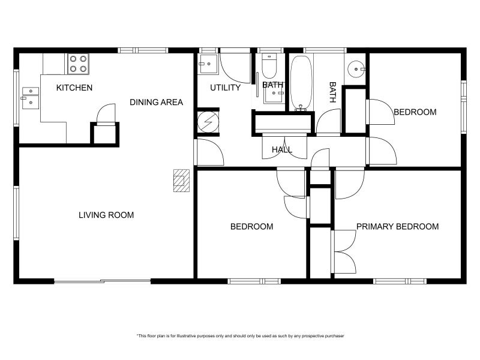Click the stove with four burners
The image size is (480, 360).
tap(78, 64)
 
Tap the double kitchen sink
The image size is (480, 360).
tap(30, 98)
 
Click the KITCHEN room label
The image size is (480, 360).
tap(74, 88)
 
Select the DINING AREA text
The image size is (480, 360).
tap(157, 103)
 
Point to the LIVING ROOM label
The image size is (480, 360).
tap(106, 215)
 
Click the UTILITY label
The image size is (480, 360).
tap(225, 88)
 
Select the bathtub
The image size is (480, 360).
tap(301, 83)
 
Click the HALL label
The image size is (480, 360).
tap(282, 149)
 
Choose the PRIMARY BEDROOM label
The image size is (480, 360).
tap(397, 227)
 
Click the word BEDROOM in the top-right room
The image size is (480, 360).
tap(415, 112)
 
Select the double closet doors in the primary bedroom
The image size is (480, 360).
tap(344, 252)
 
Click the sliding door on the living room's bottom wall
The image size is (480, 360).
tap(102, 281)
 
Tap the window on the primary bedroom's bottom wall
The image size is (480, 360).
tap(400, 281)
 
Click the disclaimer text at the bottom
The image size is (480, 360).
tap(240, 336)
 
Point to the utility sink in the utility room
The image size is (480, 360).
tap(208, 62)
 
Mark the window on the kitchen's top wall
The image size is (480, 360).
tap(134, 50)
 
